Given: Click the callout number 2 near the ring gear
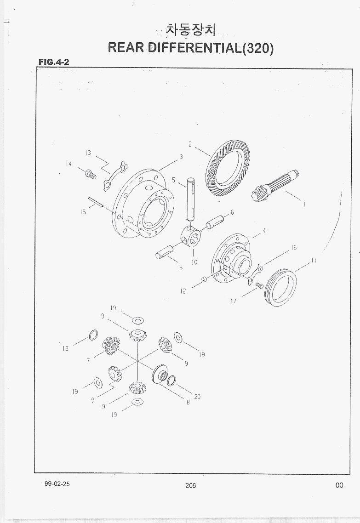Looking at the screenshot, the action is click(x=190, y=144).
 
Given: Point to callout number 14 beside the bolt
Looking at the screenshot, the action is click(x=69, y=164).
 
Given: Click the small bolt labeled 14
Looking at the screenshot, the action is click(x=91, y=174).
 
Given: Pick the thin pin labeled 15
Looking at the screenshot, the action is click(x=96, y=203).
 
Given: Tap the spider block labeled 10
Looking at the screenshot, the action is click(x=190, y=237).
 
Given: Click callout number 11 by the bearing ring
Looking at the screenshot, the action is click(x=313, y=260).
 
